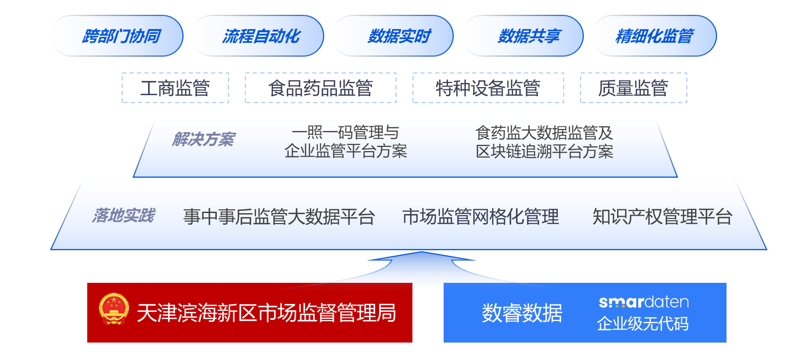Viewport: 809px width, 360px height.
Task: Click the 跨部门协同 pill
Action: click(117, 36)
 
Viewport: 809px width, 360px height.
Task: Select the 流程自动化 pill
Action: click(258, 36)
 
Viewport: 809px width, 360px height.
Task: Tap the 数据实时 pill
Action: click(393, 36)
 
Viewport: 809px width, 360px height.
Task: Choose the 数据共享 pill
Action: click(522, 36)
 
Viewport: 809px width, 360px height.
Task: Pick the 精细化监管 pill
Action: click(654, 36)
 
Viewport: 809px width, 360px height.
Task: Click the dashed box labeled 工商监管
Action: click(175, 88)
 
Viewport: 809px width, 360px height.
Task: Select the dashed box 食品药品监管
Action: click(321, 88)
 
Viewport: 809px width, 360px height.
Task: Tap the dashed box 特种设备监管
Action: click(488, 88)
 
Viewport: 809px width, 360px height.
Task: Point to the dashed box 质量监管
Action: click(634, 88)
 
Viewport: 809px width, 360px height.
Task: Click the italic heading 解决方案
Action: click(204, 140)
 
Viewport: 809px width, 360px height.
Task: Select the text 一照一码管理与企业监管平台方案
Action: click(346, 142)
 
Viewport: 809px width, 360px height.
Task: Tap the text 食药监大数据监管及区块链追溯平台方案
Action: click(544, 142)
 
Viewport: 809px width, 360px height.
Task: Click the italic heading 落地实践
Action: click(124, 216)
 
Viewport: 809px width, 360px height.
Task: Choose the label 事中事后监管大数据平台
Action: click(279, 217)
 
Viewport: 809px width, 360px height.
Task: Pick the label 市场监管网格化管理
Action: click(481, 217)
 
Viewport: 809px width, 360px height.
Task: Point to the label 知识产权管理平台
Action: click(663, 217)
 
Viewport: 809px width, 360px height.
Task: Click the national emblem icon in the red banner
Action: click(114, 309)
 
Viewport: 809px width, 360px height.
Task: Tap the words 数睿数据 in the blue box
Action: click(522, 313)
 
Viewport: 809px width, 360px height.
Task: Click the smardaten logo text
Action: click(643, 302)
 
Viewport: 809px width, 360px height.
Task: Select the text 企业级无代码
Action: click(643, 324)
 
